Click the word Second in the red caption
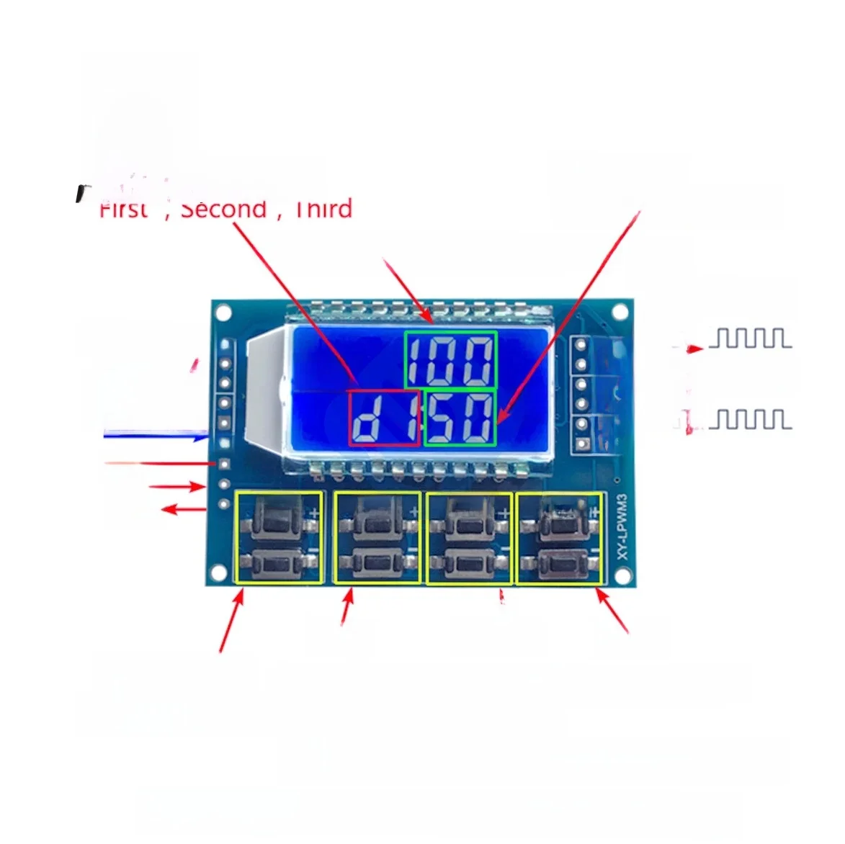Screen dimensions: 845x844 pos(223,209)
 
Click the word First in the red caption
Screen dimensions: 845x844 pos(124,209)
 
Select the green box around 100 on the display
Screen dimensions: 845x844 pos(450,359)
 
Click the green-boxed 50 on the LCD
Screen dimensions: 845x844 pos(460,418)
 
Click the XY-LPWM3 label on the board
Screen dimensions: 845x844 pos(622,525)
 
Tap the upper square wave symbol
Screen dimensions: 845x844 pos(750,338)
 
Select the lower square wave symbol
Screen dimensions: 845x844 pos(750,419)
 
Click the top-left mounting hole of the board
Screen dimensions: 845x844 pos(223,313)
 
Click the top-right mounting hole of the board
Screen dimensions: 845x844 pos(619,312)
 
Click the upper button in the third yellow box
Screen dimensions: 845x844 pos(469,518)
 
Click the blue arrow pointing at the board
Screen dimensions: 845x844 pos(156,435)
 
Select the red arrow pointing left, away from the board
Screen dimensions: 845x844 pos(183,510)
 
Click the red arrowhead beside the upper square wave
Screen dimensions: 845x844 pos(694,349)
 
